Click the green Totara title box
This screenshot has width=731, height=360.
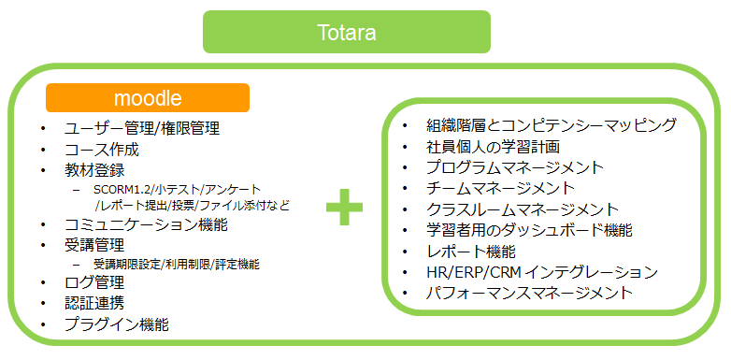point(346,33)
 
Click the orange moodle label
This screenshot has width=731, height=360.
point(147,97)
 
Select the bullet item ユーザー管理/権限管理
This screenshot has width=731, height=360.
point(142,128)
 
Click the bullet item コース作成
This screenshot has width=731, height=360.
point(102,150)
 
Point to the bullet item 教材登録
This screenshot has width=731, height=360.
point(94,170)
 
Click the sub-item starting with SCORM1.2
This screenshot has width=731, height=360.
point(178,189)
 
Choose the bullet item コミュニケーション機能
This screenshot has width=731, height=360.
point(146,224)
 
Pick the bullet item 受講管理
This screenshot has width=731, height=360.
point(94,245)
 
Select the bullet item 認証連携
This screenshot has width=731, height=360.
point(94,303)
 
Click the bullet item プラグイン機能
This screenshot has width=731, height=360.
point(117,324)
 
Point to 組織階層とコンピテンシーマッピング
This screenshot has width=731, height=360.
point(551,125)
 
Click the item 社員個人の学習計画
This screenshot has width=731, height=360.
point(493,147)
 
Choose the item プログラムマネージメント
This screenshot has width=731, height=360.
point(514,167)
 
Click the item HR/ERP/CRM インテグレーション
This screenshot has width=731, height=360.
point(541,272)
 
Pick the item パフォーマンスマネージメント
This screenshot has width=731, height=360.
point(528,293)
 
